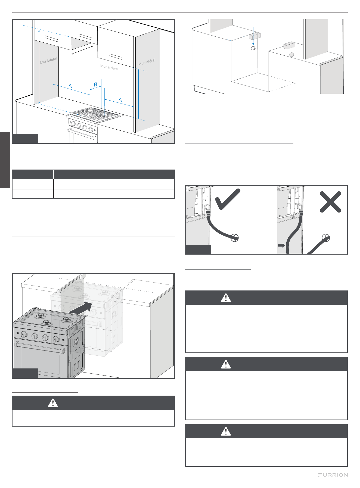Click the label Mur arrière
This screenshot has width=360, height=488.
click(x=109, y=67)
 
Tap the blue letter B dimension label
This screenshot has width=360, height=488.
click(x=95, y=85)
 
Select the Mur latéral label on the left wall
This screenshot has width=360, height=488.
click(x=49, y=61)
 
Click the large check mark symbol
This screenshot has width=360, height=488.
click(x=228, y=199)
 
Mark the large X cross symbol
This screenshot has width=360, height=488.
click(x=331, y=202)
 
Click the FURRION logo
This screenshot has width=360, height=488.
click(x=333, y=475)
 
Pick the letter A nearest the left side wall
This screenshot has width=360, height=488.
click(x=70, y=86)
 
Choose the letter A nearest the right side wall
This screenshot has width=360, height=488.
click(x=120, y=100)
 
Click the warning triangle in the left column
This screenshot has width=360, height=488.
click(x=53, y=403)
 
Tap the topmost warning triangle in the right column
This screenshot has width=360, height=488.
click(x=226, y=298)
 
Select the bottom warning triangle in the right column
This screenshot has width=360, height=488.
click(x=226, y=431)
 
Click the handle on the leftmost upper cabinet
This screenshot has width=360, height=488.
click(x=51, y=39)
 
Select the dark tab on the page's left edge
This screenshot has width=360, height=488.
click(x=5, y=160)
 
